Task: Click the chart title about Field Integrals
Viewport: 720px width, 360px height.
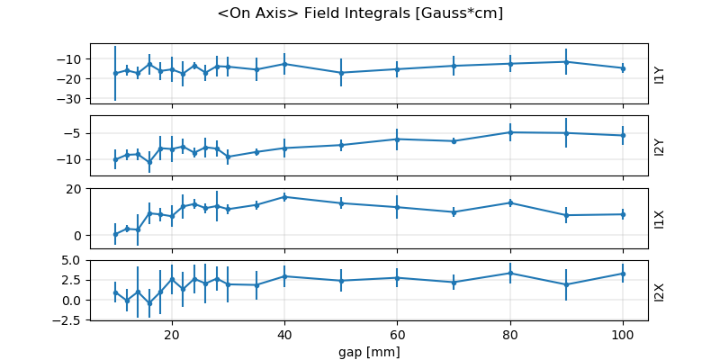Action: [x=360, y=13]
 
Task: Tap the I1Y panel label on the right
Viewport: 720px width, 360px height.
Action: [x=660, y=74]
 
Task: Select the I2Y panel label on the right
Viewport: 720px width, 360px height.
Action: [x=660, y=146]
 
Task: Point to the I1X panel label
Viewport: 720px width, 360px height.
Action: [x=660, y=218]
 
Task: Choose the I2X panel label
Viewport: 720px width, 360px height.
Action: [x=660, y=290]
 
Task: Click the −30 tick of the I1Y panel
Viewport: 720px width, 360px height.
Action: [x=69, y=99]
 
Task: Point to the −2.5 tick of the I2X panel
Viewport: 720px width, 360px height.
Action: [x=69, y=319]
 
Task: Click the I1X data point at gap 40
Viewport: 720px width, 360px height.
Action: [x=284, y=196]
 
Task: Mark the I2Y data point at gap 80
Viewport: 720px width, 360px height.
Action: [x=510, y=132]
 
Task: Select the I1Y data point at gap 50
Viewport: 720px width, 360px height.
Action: [x=341, y=73]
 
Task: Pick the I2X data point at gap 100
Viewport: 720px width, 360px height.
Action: [x=623, y=274]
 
